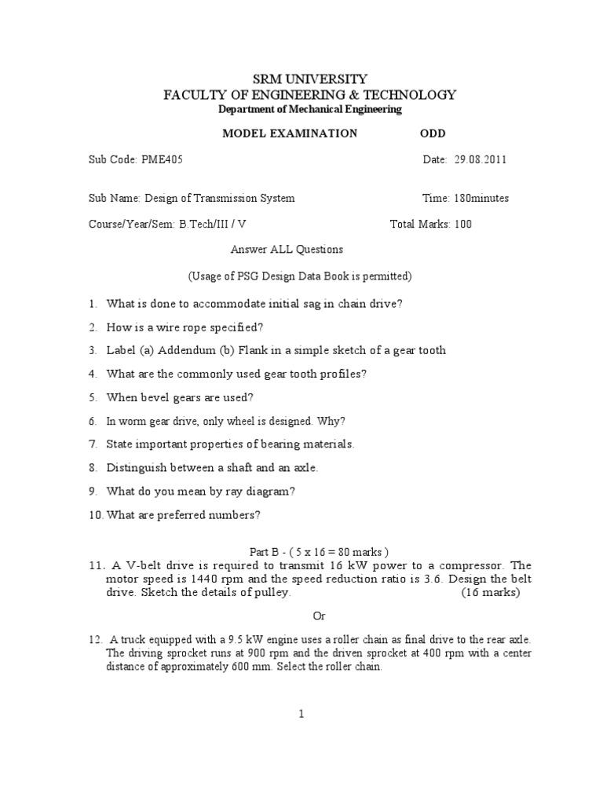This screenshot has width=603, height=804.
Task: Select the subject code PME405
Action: pyautogui.click(x=163, y=159)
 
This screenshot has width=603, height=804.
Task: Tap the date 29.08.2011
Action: pyautogui.click(x=481, y=159)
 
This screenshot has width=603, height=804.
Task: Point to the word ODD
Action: pyautogui.click(x=433, y=133)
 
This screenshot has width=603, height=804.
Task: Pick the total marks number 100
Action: pyautogui.click(x=463, y=224)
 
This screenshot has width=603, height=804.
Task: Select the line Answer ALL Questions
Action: pyautogui.click(x=287, y=250)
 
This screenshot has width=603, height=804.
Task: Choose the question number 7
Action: pyautogui.click(x=92, y=444)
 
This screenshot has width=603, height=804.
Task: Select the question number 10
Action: pyautogui.click(x=95, y=515)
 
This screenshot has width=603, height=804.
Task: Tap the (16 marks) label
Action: pyautogui.click(x=491, y=593)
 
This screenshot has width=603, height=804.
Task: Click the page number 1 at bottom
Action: pyautogui.click(x=301, y=714)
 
